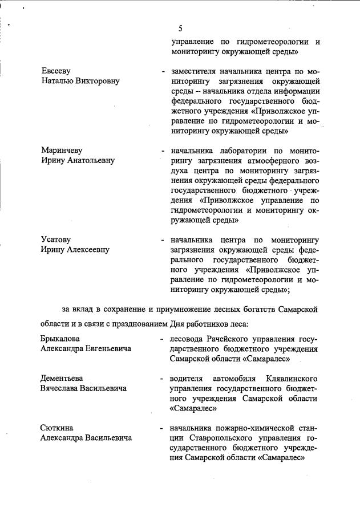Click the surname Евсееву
[x=56, y=71]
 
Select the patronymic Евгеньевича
[x=106, y=348]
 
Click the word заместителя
[x=195, y=72]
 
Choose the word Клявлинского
[x=292, y=379]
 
